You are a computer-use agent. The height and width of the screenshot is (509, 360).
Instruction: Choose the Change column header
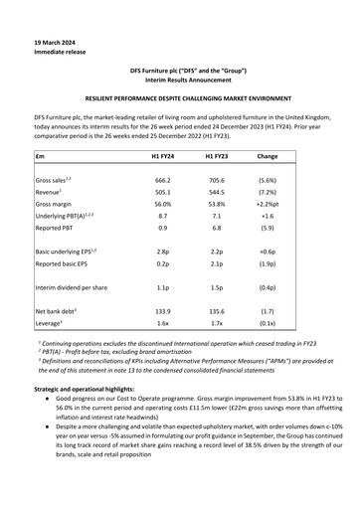point(267,157)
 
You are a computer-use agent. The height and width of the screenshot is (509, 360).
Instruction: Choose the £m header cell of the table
point(41,157)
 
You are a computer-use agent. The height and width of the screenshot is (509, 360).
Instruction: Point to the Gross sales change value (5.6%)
point(267,181)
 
